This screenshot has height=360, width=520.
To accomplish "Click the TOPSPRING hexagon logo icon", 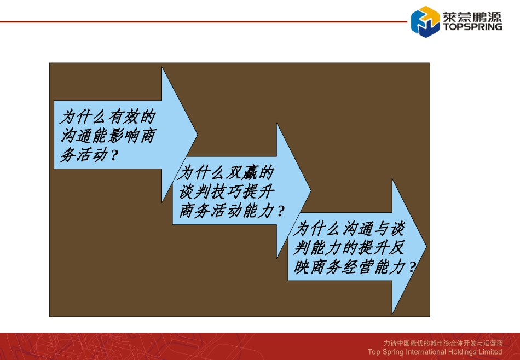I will (x=425, y=21).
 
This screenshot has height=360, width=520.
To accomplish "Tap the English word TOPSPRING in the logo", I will (x=471, y=26).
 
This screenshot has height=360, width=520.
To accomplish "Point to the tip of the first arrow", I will (x=197, y=135).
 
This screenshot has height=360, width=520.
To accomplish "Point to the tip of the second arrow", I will (x=310, y=191).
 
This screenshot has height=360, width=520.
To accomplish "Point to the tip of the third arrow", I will (x=426, y=247).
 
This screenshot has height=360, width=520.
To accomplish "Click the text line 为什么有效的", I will (x=107, y=117).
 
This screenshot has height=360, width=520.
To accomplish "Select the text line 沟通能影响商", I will (x=107, y=136).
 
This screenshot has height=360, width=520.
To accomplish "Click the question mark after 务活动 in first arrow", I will (x=114, y=156).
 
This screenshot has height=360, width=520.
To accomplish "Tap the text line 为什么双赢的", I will (x=226, y=173).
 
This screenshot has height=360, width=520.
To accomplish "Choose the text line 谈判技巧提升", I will (x=226, y=192).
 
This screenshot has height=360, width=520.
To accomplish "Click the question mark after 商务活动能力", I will (x=281, y=212).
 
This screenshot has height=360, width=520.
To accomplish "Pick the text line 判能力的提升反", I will (x=349, y=248).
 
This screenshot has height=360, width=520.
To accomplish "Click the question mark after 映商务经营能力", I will (x=412, y=268).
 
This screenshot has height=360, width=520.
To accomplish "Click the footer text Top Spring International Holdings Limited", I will (x=435, y=352).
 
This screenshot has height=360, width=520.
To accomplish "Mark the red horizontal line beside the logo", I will (x=203, y=22).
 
